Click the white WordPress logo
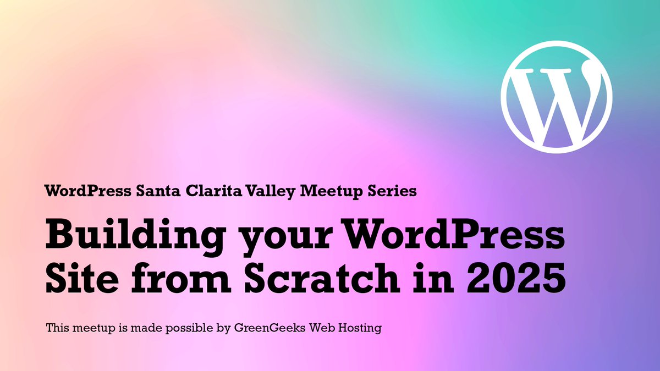click(x=557, y=98)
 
